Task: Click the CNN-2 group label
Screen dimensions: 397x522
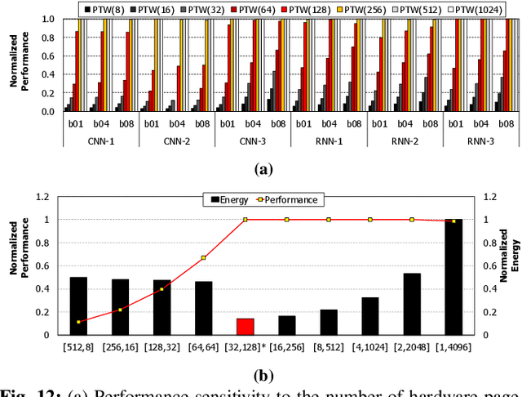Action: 177,141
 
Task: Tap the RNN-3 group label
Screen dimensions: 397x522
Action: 480,141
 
